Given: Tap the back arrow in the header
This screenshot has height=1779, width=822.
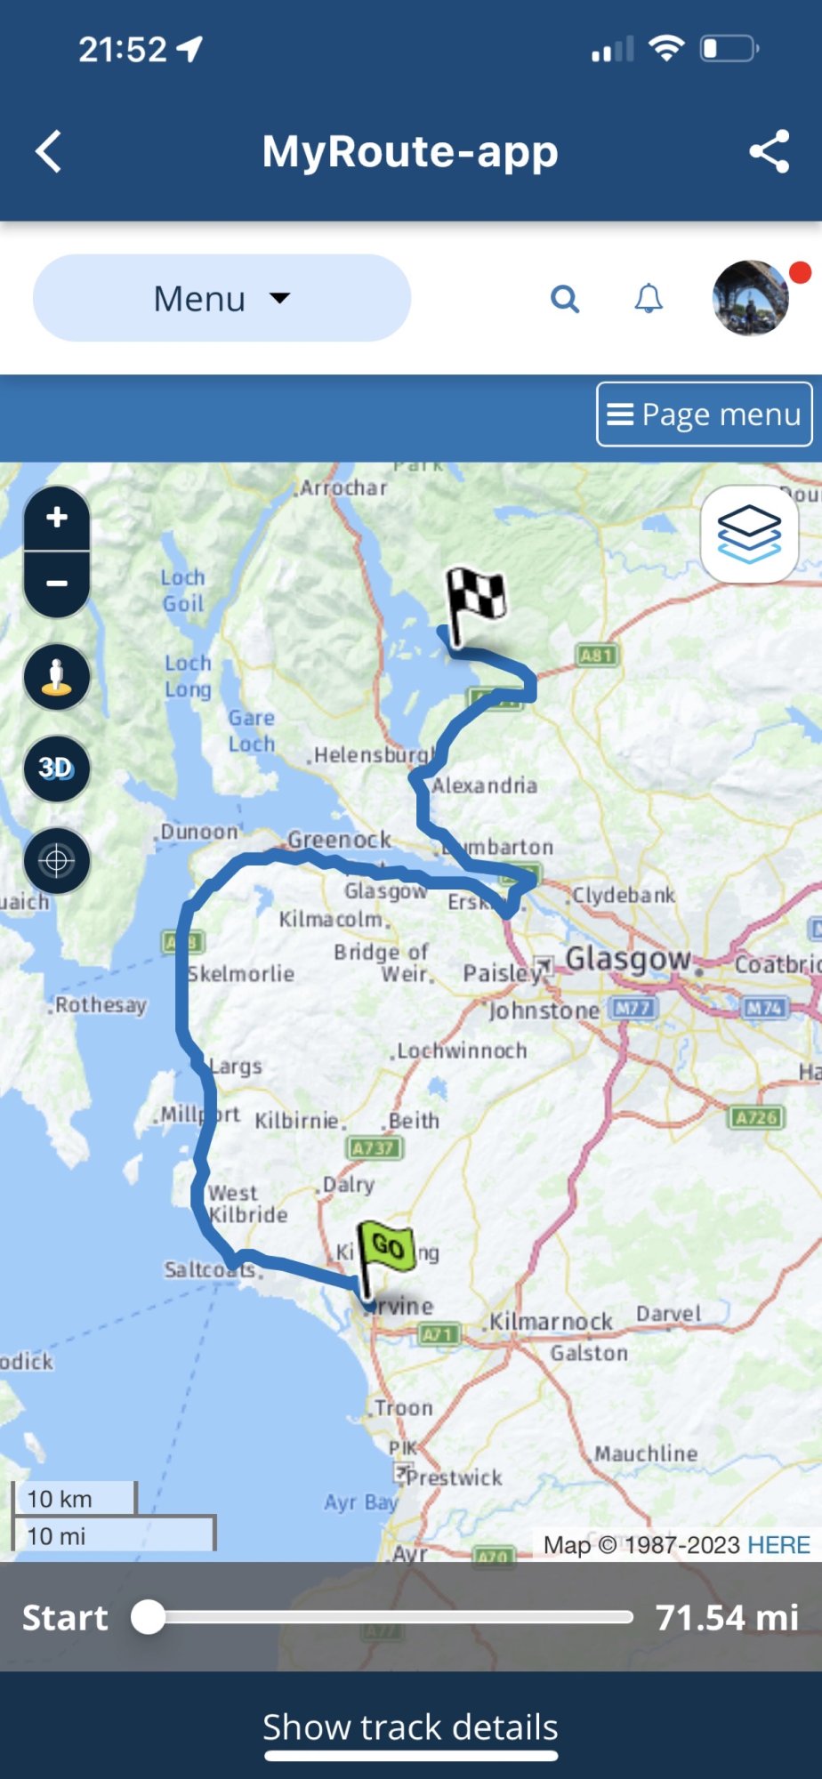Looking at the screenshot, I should coord(50,151).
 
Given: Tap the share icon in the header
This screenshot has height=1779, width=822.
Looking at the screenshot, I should coord(770,151).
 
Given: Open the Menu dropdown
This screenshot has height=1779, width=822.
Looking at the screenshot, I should coord(222,298).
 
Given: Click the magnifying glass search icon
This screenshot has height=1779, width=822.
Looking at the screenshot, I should coord(565,299).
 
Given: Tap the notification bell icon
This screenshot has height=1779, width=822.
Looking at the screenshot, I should coord(649,299).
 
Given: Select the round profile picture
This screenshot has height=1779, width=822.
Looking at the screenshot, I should coord(751,298).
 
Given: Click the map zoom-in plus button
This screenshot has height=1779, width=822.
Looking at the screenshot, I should coord(57,518).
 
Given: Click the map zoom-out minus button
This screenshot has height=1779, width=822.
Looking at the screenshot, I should coord(57,584).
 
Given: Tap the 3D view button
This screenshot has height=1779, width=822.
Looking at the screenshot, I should coord(57,768).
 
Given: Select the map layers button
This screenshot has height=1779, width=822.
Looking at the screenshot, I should coord(749,534).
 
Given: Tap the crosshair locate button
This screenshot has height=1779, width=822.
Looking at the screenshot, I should coord(57,860).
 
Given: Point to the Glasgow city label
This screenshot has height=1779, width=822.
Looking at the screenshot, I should coord(628,959).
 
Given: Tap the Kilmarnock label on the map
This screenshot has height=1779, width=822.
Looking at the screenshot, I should coord(552,1322).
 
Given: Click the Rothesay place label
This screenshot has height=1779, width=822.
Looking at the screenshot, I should coord(101,1005).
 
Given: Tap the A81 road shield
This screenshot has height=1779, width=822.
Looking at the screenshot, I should coord(596,656).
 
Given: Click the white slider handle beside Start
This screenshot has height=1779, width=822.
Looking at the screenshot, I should coord(149,1617).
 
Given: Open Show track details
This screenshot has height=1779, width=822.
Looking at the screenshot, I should coord(410,1727).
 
